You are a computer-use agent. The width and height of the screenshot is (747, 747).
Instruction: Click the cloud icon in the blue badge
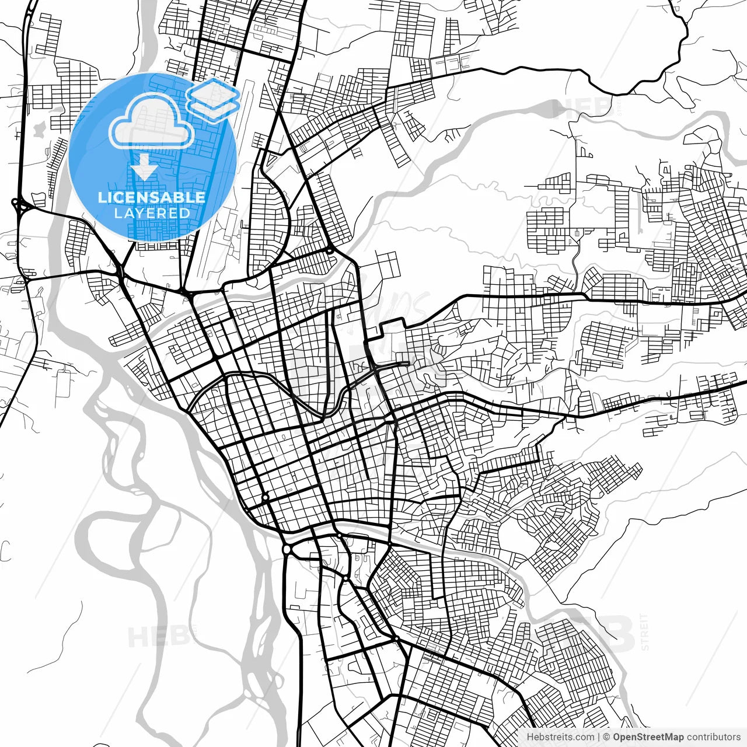(152, 121)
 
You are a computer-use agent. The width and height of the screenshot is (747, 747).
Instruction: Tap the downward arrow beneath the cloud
(144, 167)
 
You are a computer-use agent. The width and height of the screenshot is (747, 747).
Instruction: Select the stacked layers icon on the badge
(214, 99)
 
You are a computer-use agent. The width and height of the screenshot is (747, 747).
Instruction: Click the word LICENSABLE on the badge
(152, 197)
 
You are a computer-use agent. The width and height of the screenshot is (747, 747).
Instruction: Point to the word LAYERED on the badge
(152, 213)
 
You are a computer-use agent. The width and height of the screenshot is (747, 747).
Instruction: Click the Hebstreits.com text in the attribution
(560, 737)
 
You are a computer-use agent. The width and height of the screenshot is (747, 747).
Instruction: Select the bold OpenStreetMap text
(648, 737)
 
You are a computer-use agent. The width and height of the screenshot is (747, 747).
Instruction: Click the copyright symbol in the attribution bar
(606, 737)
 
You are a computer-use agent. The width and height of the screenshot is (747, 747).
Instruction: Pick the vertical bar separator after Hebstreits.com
(599, 737)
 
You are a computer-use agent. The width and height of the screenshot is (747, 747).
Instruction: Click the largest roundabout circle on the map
(287, 550)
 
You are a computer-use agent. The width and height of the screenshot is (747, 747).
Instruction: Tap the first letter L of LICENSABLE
(102, 197)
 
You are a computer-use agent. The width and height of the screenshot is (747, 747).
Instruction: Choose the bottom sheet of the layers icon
(214, 109)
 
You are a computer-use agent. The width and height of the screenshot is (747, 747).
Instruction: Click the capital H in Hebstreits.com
(530, 737)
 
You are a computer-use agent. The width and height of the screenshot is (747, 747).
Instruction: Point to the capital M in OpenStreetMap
(669, 737)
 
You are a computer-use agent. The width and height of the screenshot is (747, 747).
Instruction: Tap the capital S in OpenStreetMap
(641, 737)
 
